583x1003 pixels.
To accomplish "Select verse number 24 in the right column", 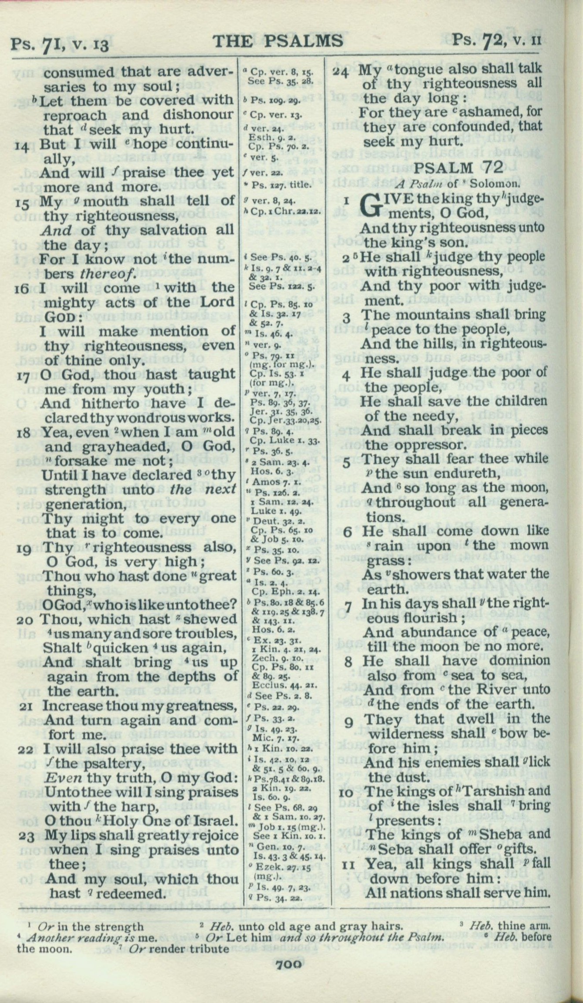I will coord(341,71).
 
